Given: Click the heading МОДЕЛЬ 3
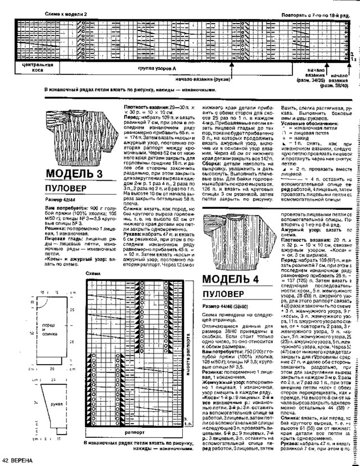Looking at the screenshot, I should pyautogui.click(x=73, y=172).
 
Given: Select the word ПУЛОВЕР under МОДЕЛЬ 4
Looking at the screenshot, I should pyautogui.click(x=223, y=294).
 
